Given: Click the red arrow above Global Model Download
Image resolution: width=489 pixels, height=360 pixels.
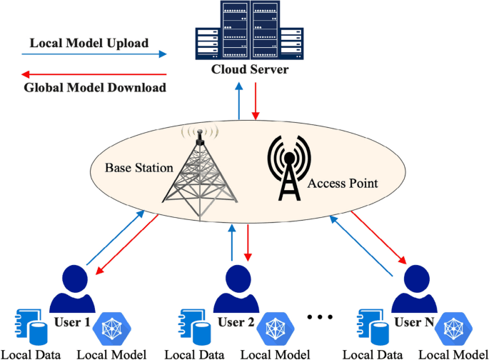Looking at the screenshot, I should click(93, 74).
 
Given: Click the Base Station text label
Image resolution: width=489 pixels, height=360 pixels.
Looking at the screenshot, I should click(138, 169).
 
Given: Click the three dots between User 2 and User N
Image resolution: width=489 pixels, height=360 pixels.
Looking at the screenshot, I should click(319, 316).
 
